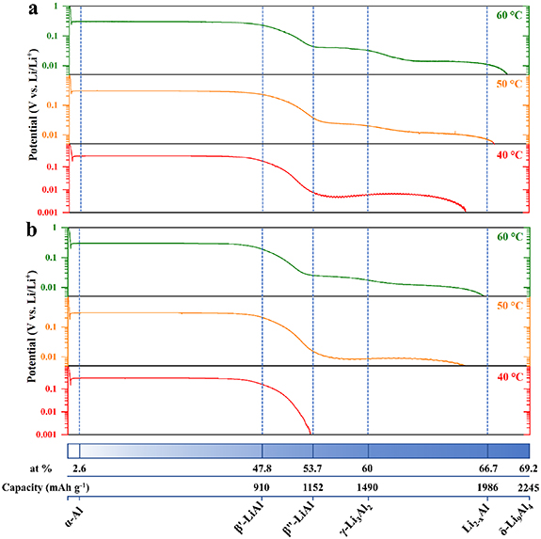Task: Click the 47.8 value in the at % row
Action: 263,468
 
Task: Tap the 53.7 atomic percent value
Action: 312,468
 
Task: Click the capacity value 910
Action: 263,487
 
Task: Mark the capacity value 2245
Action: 525,487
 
